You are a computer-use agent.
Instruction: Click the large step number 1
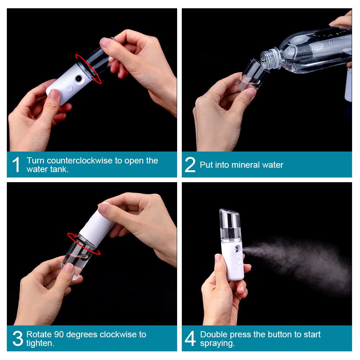coord(16,165)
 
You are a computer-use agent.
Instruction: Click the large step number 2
coord(190,165)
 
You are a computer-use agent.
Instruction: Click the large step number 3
coord(17,338)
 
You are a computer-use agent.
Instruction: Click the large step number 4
coord(190,338)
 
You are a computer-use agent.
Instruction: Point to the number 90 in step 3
coord(58,334)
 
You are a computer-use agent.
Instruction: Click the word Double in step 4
coord(213,334)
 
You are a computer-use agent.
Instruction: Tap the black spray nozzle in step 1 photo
coord(78,78)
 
